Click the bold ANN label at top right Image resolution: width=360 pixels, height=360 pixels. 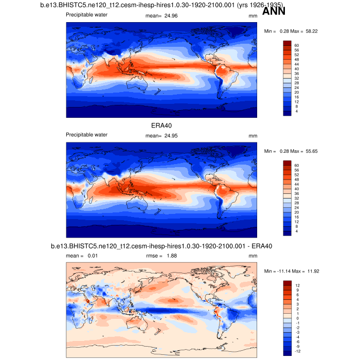point(274,11)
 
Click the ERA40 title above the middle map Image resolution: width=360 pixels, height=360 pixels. point(160,125)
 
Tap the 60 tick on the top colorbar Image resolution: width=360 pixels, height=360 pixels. point(297,45)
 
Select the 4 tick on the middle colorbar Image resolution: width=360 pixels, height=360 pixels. point(297,232)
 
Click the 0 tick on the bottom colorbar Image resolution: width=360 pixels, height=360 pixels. point(296,318)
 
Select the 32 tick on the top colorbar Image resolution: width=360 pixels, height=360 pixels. point(297,78)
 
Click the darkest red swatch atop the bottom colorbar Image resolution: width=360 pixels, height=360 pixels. point(287,282)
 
